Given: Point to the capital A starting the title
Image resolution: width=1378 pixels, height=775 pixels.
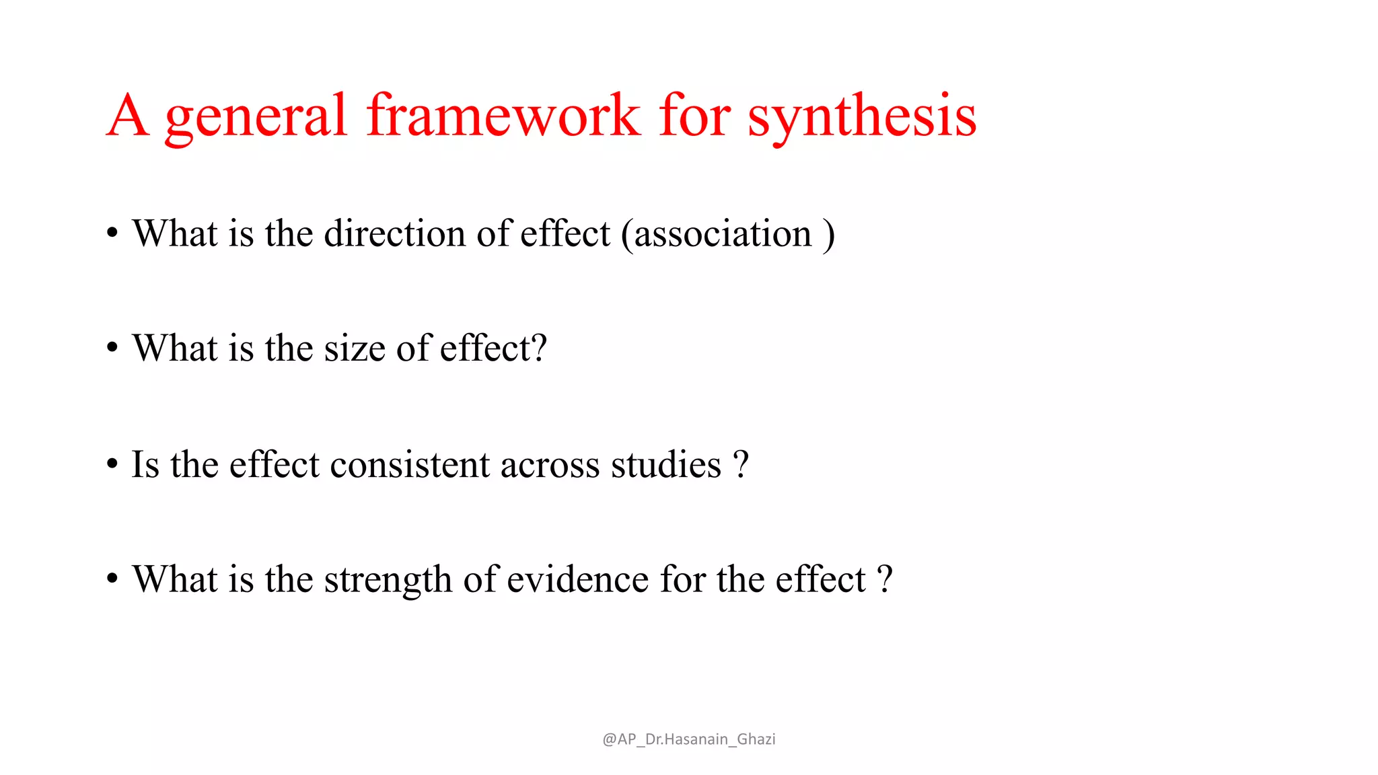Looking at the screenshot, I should click(x=128, y=116).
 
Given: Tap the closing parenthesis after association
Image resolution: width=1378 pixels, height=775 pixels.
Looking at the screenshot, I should click(x=828, y=234).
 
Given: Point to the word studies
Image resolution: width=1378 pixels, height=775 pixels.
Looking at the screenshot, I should click(x=665, y=465).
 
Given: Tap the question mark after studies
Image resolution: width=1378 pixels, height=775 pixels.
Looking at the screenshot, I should click(x=741, y=465).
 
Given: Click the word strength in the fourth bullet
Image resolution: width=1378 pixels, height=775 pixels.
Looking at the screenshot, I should click(x=388, y=580).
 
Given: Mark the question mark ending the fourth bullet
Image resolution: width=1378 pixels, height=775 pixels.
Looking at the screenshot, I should click(x=885, y=580).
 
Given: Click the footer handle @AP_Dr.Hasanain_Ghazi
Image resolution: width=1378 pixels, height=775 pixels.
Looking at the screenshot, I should click(x=688, y=739).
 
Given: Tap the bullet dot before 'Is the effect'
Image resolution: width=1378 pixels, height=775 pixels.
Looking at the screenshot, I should click(x=112, y=464).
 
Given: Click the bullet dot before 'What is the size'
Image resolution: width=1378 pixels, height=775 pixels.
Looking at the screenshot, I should click(x=112, y=348).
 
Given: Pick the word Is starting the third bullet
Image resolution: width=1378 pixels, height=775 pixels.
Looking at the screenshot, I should click(x=145, y=465).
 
